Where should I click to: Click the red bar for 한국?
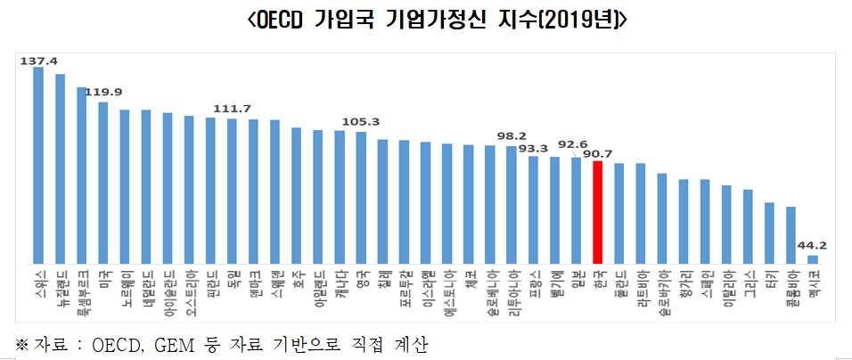(598, 212)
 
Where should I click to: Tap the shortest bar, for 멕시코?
(813, 259)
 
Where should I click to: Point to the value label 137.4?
(38, 61)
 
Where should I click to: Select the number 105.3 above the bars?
(362, 122)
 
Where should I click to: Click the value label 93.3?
(533, 148)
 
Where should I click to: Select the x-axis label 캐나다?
(340, 285)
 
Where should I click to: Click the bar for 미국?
(103, 183)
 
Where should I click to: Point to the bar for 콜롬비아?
(791, 235)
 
